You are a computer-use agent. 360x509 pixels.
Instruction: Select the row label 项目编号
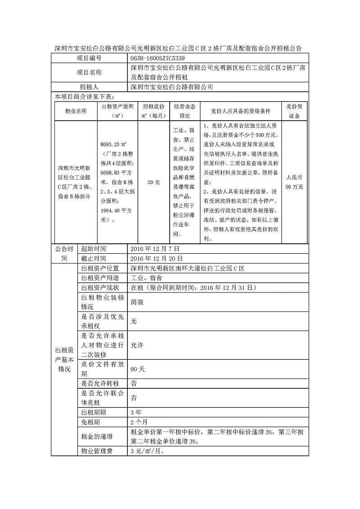pyautogui.click(x=89, y=59)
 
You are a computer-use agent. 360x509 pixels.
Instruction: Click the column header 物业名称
pyautogui.click(x=76, y=111)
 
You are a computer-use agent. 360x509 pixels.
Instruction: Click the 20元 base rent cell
pyautogui.click(x=154, y=183)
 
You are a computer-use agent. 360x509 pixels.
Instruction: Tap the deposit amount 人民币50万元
pyautogui.click(x=295, y=183)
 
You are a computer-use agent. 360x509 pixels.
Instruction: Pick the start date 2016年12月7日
pyautogui.click(x=155, y=248)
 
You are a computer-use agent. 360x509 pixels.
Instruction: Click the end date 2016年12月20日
pyautogui.click(x=156, y=258)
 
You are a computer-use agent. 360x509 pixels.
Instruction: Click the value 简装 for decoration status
pyautogui.click(x=137, y=302)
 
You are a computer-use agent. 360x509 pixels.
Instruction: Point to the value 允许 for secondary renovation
pyautogui.click(x=137, y=346)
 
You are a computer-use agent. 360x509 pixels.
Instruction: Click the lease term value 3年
pyautogui.click(x=136, y=412)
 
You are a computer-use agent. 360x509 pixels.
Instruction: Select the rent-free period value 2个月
pyautogui.click(x=139, y=422)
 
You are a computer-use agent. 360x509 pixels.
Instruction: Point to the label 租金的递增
pyautogui.click(x=97, y=437)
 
